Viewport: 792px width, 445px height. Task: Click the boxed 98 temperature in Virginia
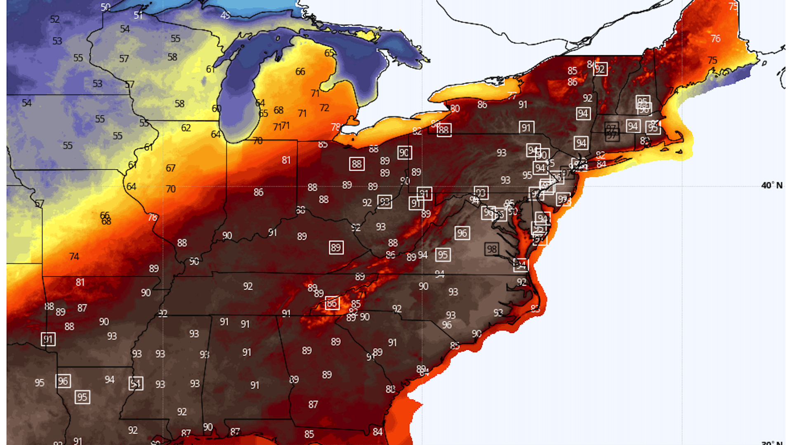pyautogui.click(x=491, y=249)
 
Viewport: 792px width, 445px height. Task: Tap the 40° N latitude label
pyautogui.click(x=771, y=185)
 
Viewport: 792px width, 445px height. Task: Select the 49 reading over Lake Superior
pyautogui.click(x=225, y=15)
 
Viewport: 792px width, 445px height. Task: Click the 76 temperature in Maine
pyautogui.click(x=716, y=38)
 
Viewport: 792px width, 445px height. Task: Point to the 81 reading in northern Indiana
pyautogui.click(x=286, y=160)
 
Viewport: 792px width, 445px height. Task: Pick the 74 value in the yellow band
pyautogui.click(x=74, y=256)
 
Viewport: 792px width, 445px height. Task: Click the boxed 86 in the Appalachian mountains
pyautogui.click(x=332, y=303)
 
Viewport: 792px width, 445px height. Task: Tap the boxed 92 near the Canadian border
pyautogui.click(x=600, y=69)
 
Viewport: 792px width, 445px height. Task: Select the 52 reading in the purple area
pyautogui.click(x=55, y=19)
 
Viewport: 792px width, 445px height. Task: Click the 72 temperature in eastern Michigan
pyautogui.click(x=324, y=108)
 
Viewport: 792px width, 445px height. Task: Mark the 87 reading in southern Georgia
pyautogui.click(x=313, y=405)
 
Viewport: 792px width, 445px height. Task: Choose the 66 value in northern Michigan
pyautogui.click(x=300, y=72)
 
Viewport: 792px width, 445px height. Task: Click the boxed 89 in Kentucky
pyautogui.click(x=336, y=248)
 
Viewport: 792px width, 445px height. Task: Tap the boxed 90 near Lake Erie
pyautogui.click(x=404, y=153)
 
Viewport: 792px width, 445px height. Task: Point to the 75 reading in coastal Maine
pyautogui.click(x=712, y=60)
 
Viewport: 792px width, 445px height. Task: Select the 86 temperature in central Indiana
pyautogui.click(x=259, y=192)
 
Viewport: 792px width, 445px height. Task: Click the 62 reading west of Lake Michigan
pyautogui.click(x=186, y=128)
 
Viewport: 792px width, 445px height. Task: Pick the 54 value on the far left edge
pyautogui.click(x=27, y=103)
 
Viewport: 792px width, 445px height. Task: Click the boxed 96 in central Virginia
pyautogui.click(x=462, y=233)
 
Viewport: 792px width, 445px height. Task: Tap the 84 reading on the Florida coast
pyautogui.click(x=377, y=431)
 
